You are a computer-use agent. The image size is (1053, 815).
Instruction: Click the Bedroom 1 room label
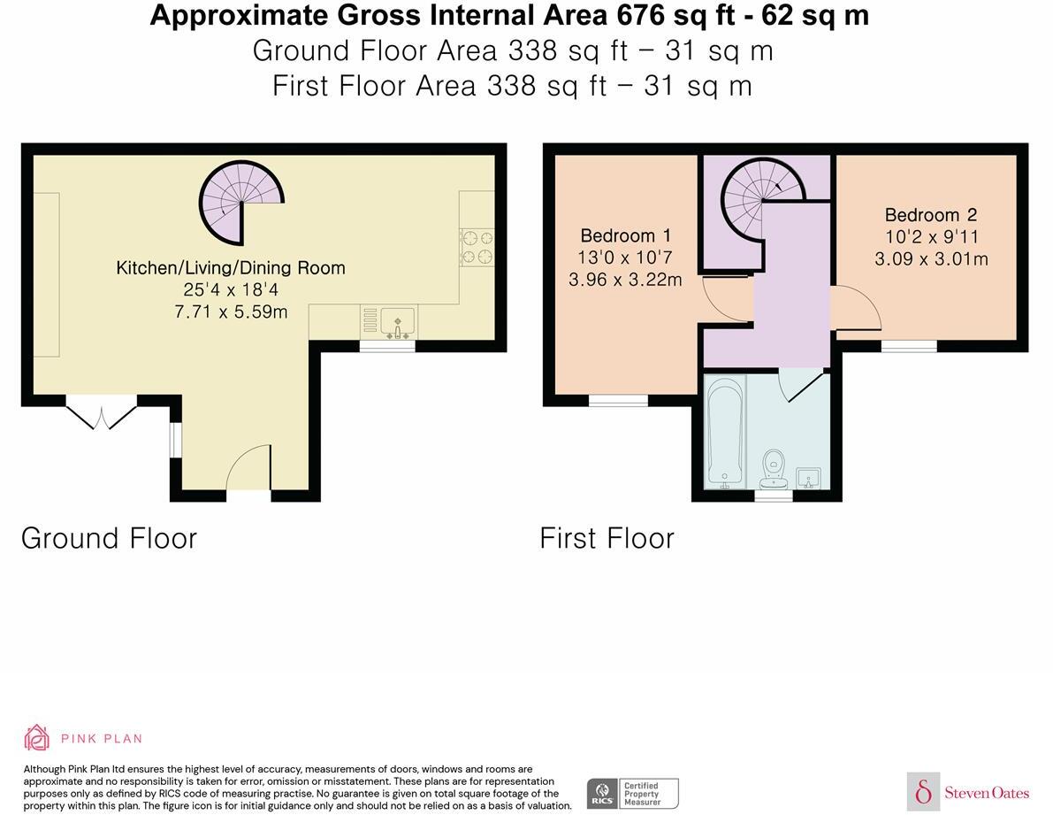[626, 236]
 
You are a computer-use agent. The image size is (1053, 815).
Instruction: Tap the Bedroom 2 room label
[931, 215]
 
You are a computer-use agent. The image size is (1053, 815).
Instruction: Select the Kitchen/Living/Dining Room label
[231, 268]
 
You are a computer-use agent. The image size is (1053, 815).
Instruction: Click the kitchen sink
[398, 322]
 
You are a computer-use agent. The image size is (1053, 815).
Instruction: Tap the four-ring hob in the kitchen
[477, 247]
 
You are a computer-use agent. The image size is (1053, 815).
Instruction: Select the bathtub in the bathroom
[725, 432]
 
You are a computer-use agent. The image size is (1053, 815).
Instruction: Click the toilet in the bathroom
[774, 470]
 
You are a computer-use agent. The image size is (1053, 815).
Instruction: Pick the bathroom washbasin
[809, 479]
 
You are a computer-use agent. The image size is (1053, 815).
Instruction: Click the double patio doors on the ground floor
[102, 412]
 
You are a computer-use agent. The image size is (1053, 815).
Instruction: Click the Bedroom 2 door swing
[856, 308]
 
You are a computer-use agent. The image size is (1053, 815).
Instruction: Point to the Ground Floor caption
[109, 538]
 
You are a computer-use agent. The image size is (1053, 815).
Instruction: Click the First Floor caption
[607, 538]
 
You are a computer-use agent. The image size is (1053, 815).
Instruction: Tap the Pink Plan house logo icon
[37, 738]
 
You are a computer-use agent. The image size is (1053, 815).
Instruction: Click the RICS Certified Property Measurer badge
[633, 794]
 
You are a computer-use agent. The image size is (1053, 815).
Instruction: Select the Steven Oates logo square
[923, 791]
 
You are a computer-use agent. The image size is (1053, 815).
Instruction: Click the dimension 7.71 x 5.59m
[231, 311]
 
